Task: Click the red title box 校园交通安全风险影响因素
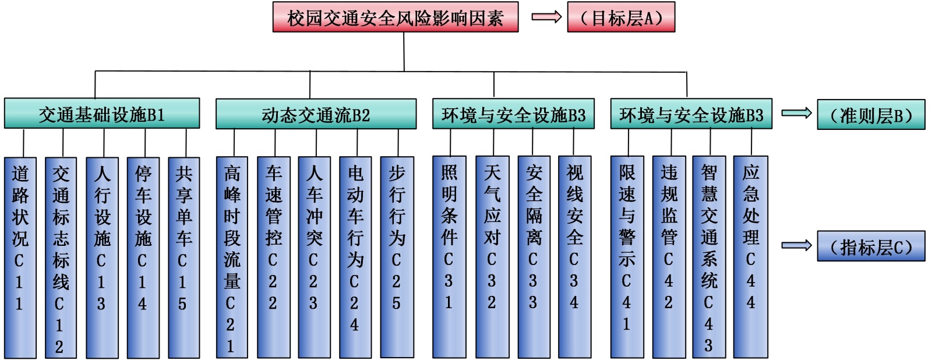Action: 395,17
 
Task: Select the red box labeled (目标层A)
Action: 621,17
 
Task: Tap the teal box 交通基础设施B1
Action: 102,114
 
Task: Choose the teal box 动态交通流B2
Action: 316,114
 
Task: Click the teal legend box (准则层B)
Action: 871,115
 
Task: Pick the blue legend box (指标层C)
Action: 871,246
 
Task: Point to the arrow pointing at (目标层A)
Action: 546,17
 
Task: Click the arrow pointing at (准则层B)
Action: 796,114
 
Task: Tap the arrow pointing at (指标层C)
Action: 796,245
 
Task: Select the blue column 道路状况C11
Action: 20,257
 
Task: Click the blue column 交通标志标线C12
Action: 61,257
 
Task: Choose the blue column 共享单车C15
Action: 183,257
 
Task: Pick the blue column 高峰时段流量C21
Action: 232,257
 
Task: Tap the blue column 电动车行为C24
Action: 355,257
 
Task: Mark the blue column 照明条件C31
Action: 449,256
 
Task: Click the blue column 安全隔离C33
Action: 534,256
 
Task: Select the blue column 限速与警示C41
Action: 627,256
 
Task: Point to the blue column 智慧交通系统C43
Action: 709,256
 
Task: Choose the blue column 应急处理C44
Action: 750,256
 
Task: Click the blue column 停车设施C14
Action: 143,257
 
